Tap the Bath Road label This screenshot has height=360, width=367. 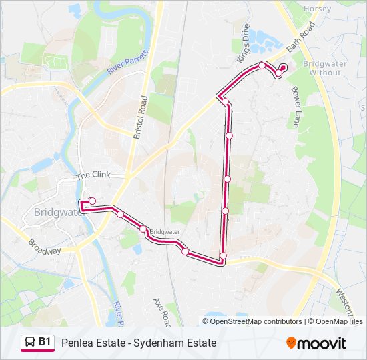pos(300,41)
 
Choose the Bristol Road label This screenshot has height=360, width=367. pos(140,116)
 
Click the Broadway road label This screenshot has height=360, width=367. pos(45,246)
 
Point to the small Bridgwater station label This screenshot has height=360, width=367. pos(165,232)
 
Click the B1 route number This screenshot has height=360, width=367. pos(45,343)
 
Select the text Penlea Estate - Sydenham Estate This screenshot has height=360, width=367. pos(139,343)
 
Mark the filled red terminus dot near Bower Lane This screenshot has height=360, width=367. pos(282,67)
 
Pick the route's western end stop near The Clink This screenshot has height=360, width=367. pos(92,201)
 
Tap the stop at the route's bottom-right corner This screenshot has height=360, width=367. pos(223,256)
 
